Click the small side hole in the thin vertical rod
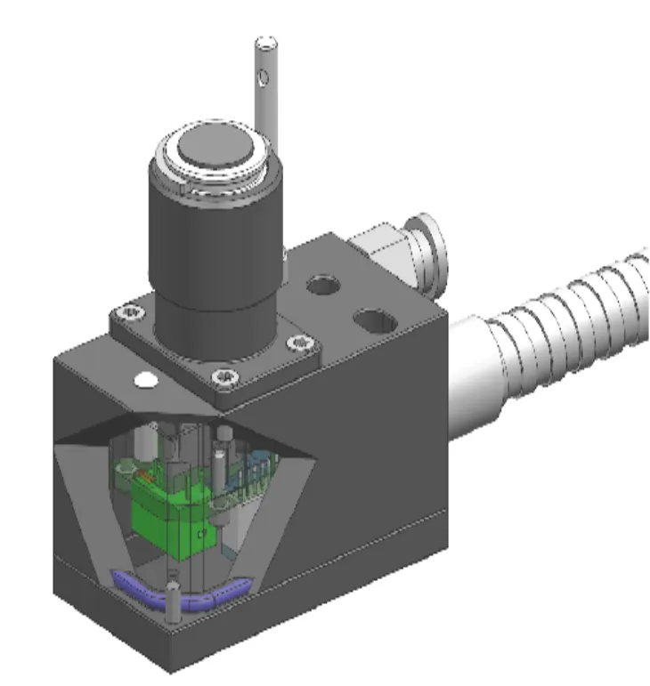[x=263, y=80]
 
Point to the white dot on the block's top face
[x=144, y=380]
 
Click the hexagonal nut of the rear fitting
[x=378, y=249]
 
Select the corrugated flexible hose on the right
[x=570, y=320]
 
